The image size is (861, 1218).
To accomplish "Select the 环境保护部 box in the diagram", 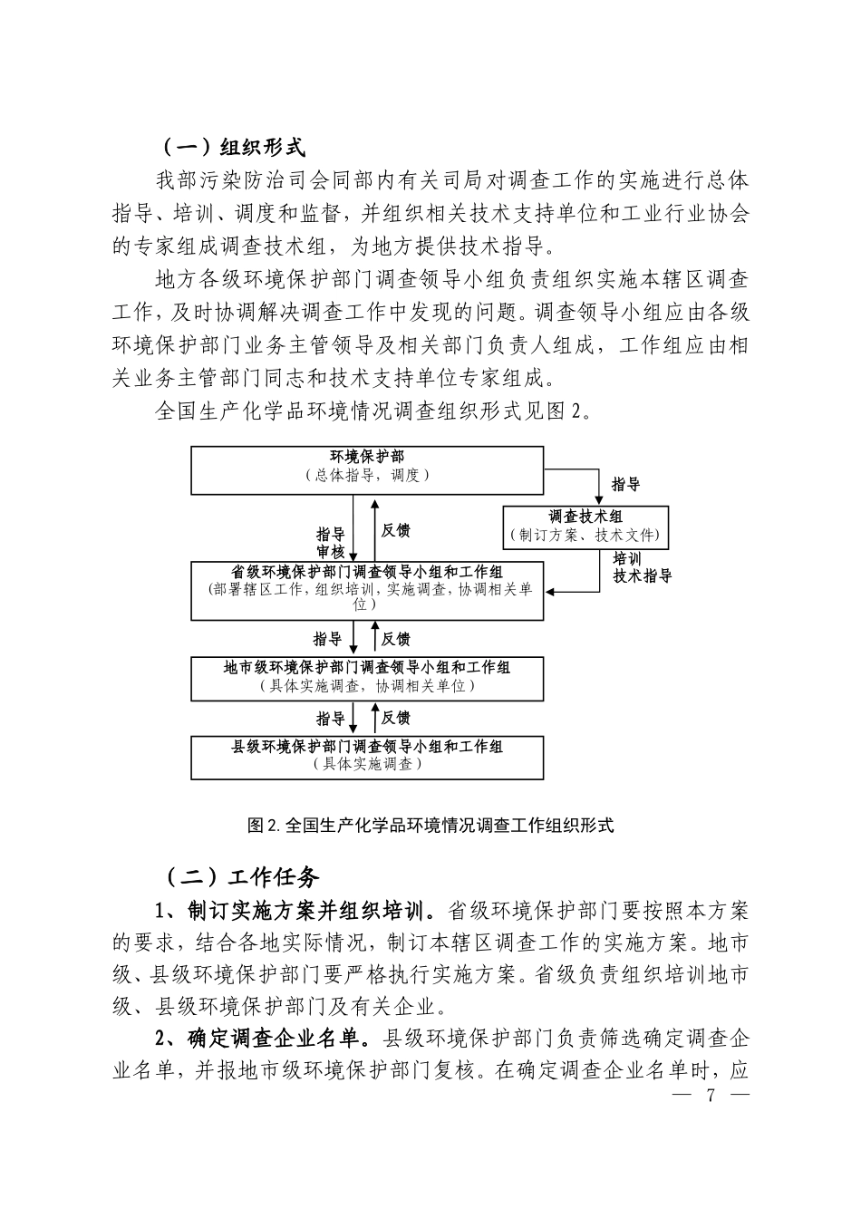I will click(x=367, y=469).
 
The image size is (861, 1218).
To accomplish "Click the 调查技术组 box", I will click(x=585, y=527).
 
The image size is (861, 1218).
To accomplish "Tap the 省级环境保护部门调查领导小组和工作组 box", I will click(x=367, y=590).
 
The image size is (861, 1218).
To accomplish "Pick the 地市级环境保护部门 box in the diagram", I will click(x=367, y=677).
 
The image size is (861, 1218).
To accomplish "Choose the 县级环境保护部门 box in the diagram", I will click(x=367, y=756).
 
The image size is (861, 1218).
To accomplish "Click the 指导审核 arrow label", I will click(x=331, y=542).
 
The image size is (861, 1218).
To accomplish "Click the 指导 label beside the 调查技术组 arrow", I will click(x=625, y=486).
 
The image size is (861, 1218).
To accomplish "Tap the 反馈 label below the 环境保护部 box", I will click(x=396, y=531).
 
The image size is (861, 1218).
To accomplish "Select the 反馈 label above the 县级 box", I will click(x=396, y=718).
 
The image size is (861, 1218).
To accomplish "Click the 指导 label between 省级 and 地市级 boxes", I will click(x=328, y=639).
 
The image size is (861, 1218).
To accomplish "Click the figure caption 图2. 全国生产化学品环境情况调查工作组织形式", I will click(x=430, y=825).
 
